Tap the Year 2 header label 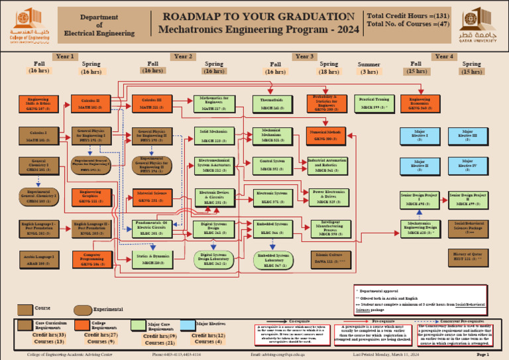[184, 57]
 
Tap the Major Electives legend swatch [188, 324]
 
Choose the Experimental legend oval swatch [82, 310]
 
